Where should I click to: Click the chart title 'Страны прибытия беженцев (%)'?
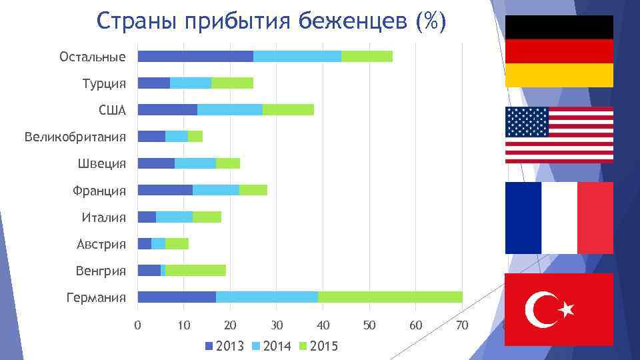[271, 21]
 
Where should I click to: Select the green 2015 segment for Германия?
[390, 297]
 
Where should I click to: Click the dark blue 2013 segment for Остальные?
[195, 56]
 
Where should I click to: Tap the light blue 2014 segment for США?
[229, 109]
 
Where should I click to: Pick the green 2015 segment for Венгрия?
[195, 270]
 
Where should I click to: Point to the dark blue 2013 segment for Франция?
[165, 190]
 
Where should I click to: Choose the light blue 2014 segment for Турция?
[191, 83]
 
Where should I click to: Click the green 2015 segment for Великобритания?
[195, 136]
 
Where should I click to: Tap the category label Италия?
[103, 217]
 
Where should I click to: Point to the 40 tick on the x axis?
[323, 325]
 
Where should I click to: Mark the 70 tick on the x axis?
[461, 325]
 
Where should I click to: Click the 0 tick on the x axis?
[137, 325]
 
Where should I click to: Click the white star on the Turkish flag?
[566, 309]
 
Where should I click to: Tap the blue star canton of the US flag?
[527, 122]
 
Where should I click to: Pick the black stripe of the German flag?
[559, 27]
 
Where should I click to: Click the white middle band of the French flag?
[559, 217]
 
